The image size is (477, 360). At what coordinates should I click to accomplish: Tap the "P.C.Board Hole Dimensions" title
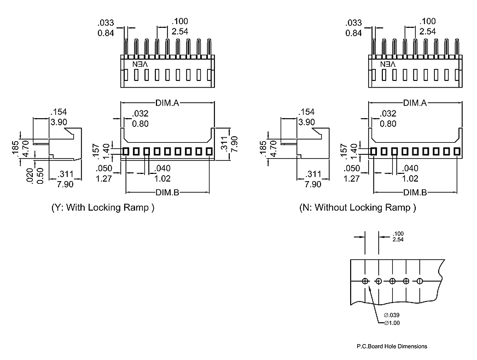(x=392, y=346)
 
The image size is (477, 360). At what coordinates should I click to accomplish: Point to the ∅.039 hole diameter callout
(x=392, y=315)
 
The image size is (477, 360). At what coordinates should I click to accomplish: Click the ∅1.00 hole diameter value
(x=392, y=323)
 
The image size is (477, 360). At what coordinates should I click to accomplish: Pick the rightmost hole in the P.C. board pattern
(x=420, y=281)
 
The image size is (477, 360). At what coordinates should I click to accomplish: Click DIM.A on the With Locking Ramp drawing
(x=167, y=103)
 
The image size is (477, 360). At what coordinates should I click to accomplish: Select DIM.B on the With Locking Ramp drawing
(x=167, y=192)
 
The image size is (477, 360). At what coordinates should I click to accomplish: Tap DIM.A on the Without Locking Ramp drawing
(x=415, y=103)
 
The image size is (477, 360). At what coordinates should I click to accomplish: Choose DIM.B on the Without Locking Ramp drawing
(x=415, y=192)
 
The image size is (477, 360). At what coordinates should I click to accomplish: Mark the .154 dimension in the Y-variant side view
(x=58, y=112)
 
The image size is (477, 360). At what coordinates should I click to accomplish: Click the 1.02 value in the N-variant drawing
(x=410, y=178)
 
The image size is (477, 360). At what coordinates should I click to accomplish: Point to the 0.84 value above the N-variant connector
(x=353, y=32)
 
